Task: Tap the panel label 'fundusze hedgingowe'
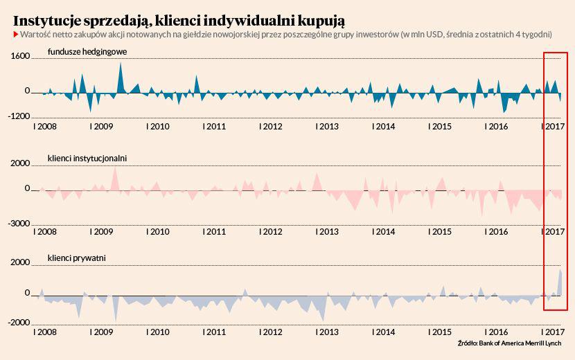click(x=87, y=51)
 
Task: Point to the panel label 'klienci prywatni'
click(x=76, y=258)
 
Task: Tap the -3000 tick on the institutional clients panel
click(x=19, y=223)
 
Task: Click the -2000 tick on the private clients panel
click(x=19, y=323)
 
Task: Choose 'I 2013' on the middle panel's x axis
click(x=327, y=231)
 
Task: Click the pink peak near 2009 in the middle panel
click(x=116, y=173)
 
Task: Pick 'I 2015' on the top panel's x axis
click(x=440, y=127)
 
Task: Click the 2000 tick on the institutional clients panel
click(x=21, y=163)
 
